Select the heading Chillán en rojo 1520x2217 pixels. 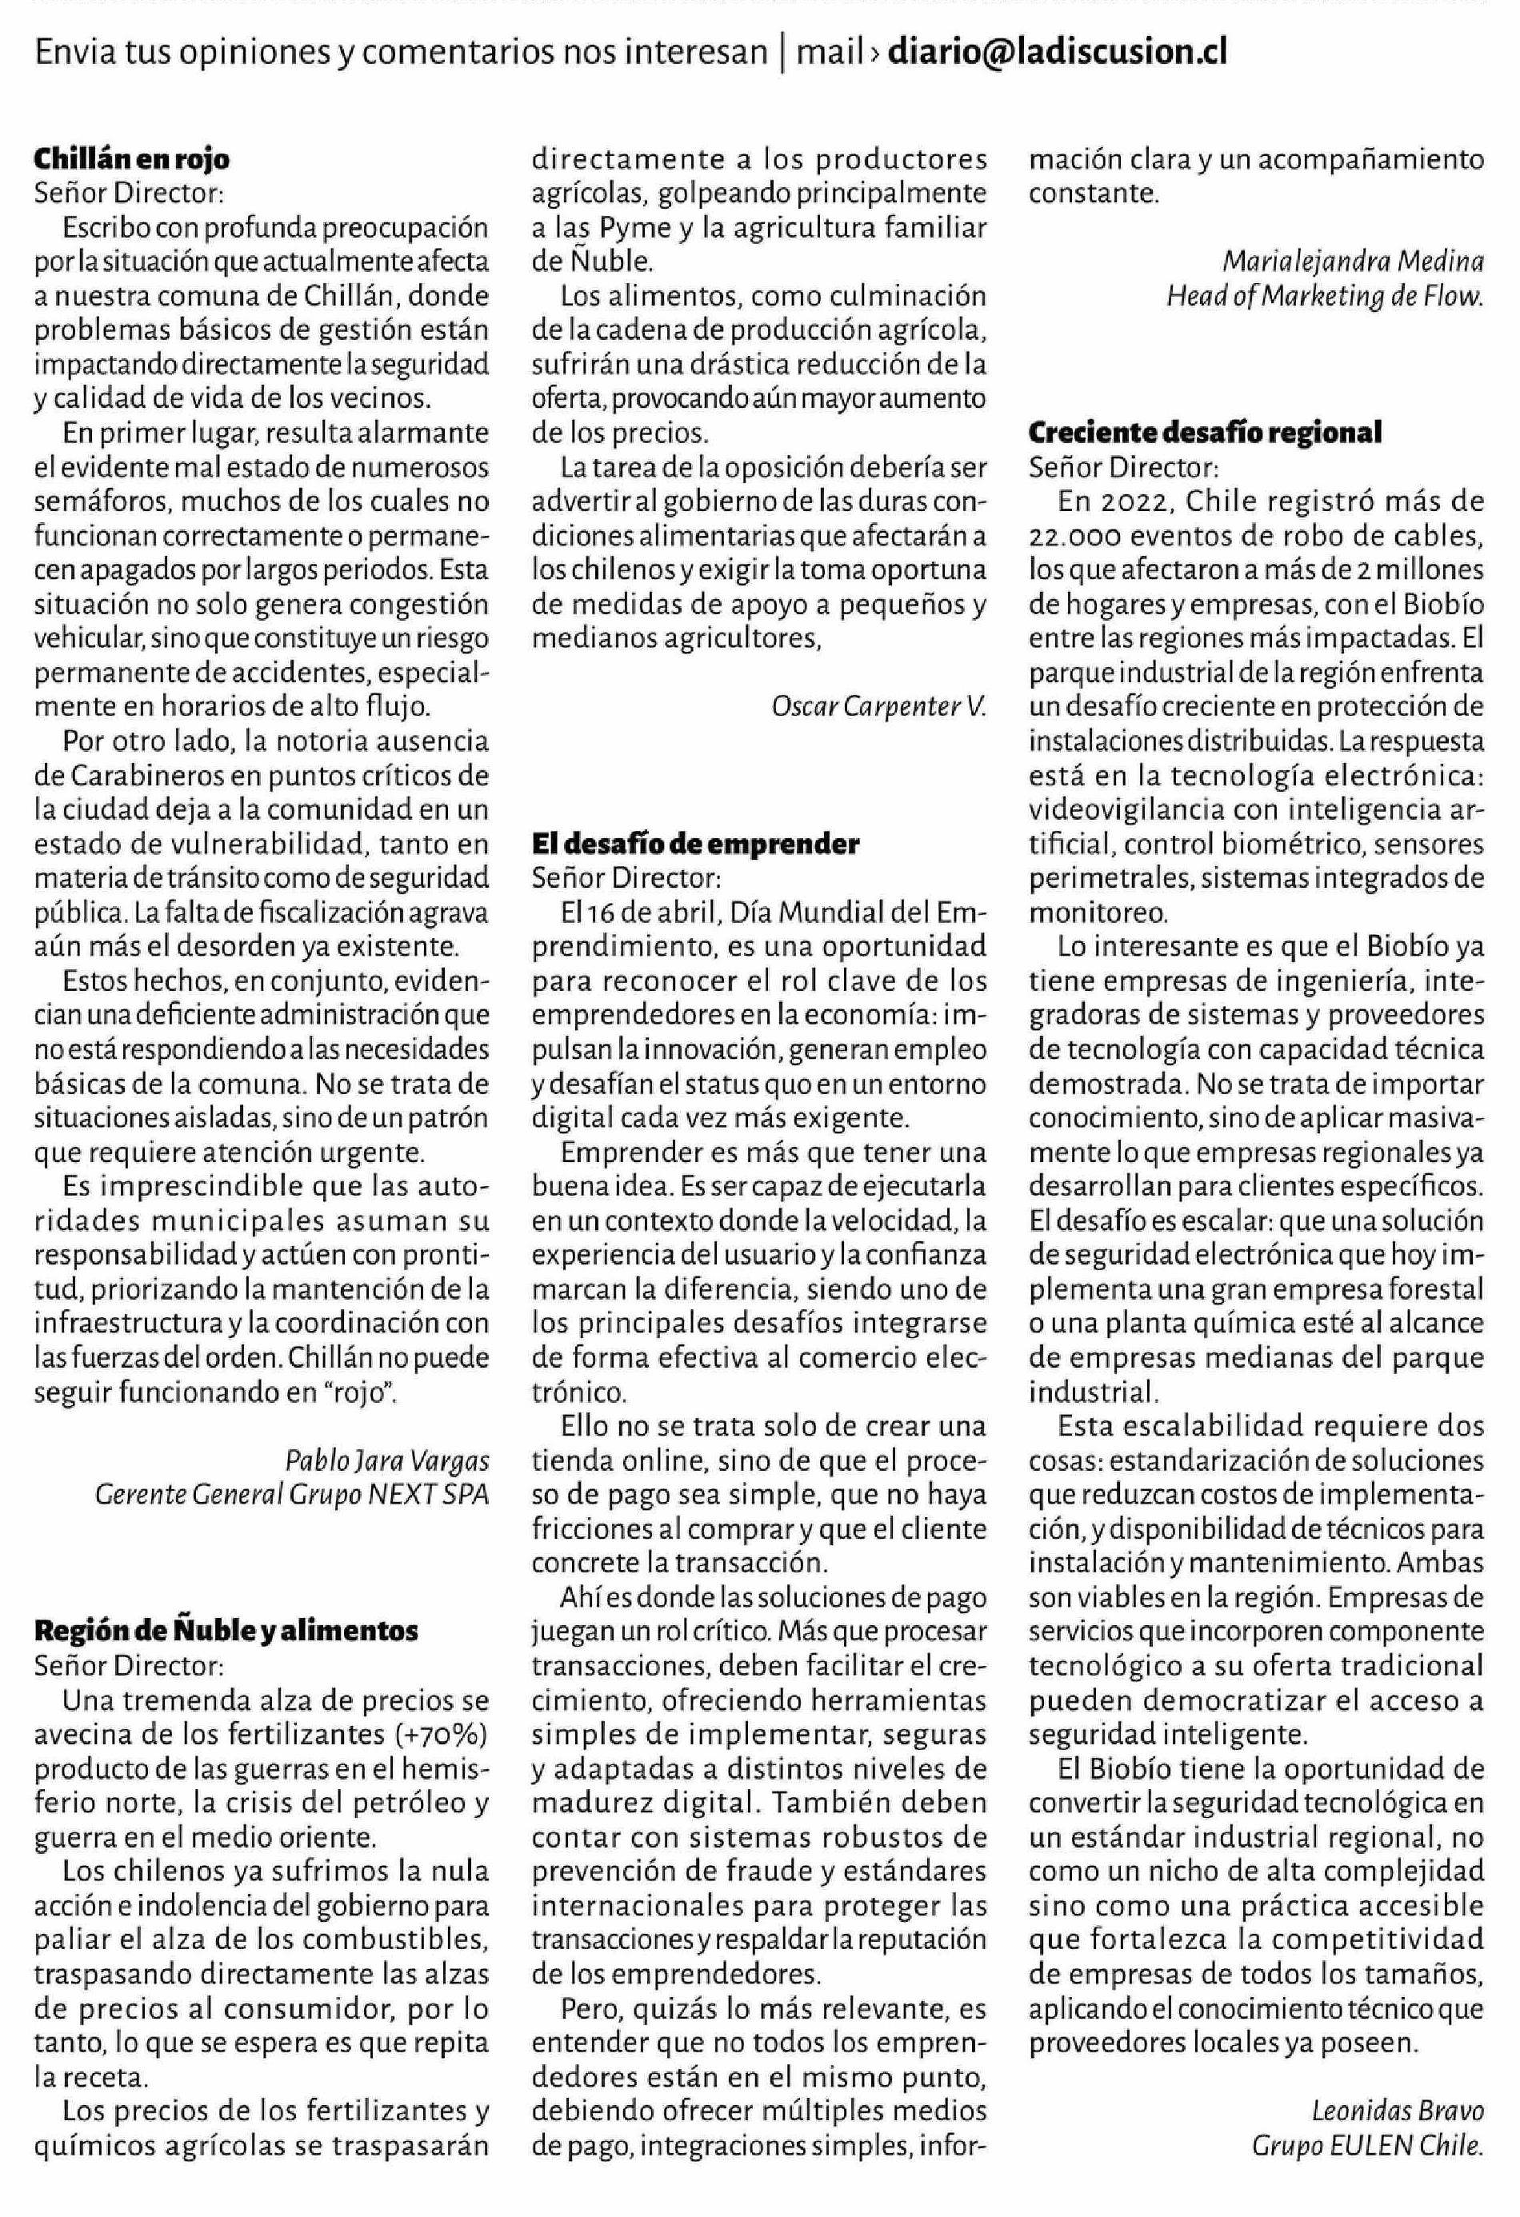[132, 158]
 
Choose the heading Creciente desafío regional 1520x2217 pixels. [1204, 433]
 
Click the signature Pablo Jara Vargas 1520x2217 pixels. [386, 1460]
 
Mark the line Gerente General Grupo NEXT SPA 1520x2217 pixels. [291, 1495]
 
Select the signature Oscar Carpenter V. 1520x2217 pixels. [878, 707]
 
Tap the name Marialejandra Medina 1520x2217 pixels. [1352, 262]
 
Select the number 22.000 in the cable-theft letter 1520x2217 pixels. [1073, 536]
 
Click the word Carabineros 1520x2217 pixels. [142, 776]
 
